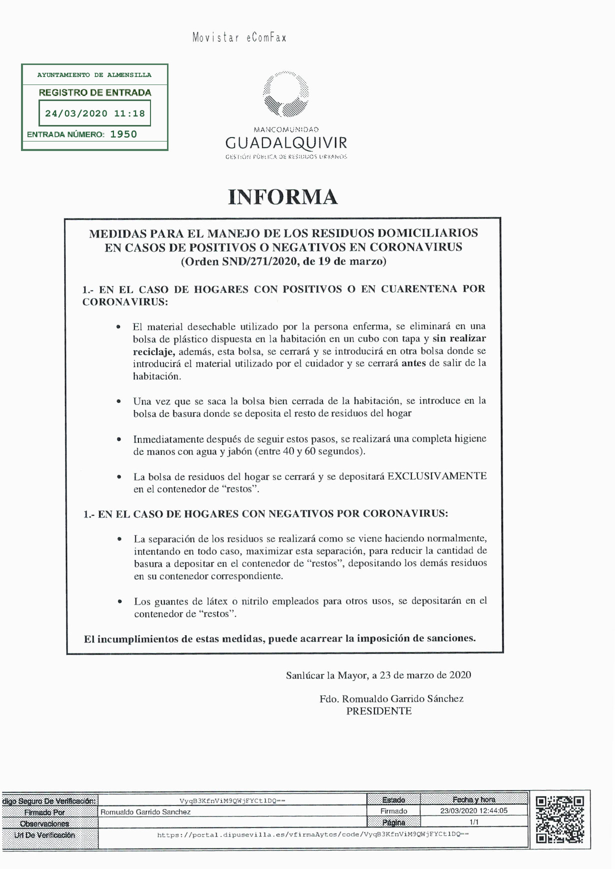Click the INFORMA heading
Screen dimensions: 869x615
pyautogui.click(x=283, y=197)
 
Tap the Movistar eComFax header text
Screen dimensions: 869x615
pyautogui.click(x=239, y=38)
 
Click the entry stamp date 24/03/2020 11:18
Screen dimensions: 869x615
pyautogui.click(x=94, y=113)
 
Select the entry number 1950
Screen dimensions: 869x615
pyautogui.click(x=123, y=134)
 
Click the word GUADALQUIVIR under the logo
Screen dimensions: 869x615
pyautogui.click(x=286, y=143)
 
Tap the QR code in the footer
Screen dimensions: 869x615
pyautogui.click(x=559, y=820)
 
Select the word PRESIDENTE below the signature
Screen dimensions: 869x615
pyautogui.click(x=378, y=711)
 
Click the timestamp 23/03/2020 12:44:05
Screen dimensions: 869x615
pyautogui.click(x=473, y=810)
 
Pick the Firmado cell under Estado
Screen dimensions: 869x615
pyautogui.click(x=393, y=811)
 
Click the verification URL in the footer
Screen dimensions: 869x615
pyautogui.click(x=312, y=834)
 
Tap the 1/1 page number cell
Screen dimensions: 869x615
pyautogui.click(x=473, y=822)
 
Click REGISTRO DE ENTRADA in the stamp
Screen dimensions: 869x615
pyautogui.click(x=94, y=92)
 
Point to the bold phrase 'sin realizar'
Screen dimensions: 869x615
pyautogui.click(x=459, y=338)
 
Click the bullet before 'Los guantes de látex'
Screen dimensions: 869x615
pyautogui.click(x=119, y=601)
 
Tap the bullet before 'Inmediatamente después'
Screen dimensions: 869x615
pyautogui.click(x=119, y=439)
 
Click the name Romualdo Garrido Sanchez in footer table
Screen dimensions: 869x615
pyautogui.click(x=145, y=812)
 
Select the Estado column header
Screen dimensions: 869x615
pyautogui.click(x=393, y=800)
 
